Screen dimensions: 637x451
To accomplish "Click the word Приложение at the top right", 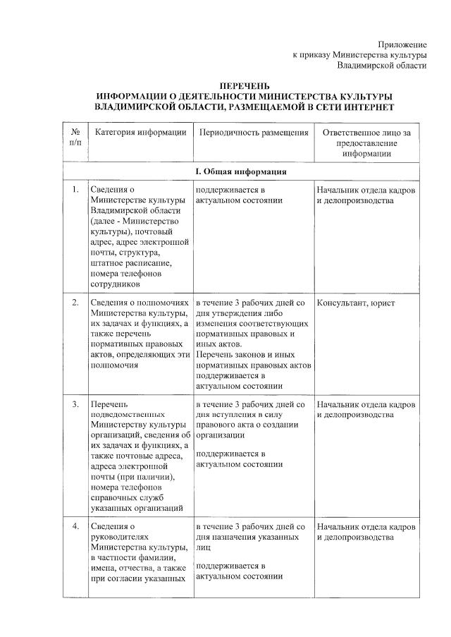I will tap(402, 44).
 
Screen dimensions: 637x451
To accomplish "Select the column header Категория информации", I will tap(141, 132).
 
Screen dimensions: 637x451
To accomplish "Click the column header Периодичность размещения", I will tap(254, 132).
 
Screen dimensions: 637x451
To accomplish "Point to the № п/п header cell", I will tap(75, 138).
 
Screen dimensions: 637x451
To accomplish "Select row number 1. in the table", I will tap(75, 189).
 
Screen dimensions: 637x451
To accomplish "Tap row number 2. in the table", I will tap(75, 303).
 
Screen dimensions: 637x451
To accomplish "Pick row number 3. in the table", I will tap(75, 405).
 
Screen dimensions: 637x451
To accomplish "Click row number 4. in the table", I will tap(75, 527).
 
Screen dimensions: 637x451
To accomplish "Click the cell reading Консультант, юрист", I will tap(356, 303).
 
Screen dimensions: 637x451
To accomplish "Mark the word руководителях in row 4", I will tap(118, 537).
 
